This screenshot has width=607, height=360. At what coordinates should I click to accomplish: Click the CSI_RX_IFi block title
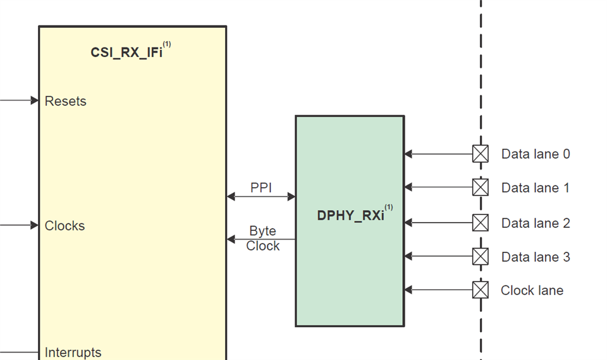126,53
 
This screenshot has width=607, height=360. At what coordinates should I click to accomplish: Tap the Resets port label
66,101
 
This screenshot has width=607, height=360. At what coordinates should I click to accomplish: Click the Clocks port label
64,226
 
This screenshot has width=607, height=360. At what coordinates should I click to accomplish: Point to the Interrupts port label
73,352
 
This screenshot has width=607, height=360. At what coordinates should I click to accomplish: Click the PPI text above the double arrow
261,187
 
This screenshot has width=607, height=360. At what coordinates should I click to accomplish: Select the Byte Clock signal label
262,239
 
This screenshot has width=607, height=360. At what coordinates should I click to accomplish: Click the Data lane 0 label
536,154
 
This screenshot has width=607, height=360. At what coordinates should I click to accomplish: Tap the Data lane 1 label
536,188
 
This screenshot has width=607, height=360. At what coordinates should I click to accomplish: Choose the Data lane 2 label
536,223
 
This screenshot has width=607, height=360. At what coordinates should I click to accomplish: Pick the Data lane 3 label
536,257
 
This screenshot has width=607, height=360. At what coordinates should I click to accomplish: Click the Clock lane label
532,290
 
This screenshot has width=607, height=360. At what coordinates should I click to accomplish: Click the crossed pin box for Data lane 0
481,154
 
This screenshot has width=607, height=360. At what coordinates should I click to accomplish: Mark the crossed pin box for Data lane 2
481,223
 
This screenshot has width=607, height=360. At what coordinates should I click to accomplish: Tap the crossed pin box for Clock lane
481,290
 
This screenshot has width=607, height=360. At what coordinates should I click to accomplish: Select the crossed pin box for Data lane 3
481,256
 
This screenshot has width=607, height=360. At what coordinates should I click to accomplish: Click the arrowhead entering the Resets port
35,100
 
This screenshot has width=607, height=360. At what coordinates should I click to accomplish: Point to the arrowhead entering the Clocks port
35,225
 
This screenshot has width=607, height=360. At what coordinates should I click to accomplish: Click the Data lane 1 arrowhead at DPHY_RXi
408,187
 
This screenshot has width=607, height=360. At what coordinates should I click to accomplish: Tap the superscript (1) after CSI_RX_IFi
167,44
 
